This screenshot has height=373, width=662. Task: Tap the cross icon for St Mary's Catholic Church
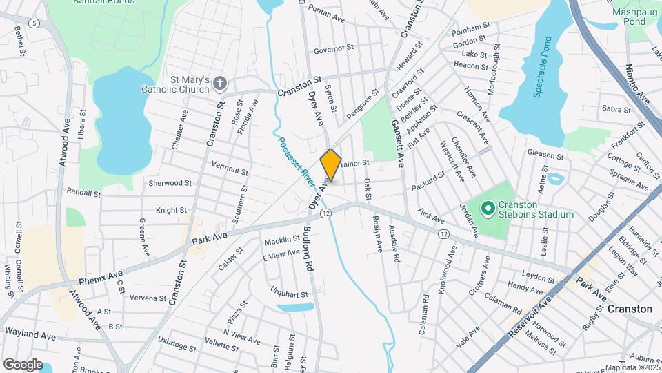click(219, 84)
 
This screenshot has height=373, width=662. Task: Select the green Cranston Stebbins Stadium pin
click(488, 207)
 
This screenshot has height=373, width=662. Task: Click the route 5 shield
click(34, 23)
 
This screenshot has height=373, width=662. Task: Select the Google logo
click(23, 364)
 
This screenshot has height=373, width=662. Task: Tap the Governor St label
click(333, 49)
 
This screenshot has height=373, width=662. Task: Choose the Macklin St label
click(281, 239)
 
